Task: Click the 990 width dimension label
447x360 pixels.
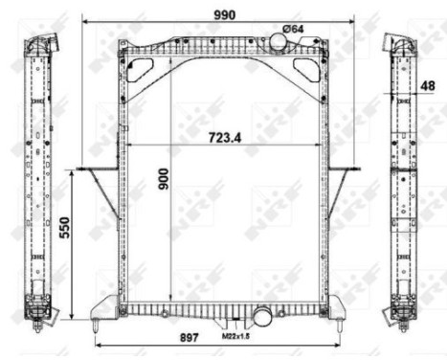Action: (224, 13)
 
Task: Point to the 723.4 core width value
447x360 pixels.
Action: (224, 136)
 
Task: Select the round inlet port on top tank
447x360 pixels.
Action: (279, 43)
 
